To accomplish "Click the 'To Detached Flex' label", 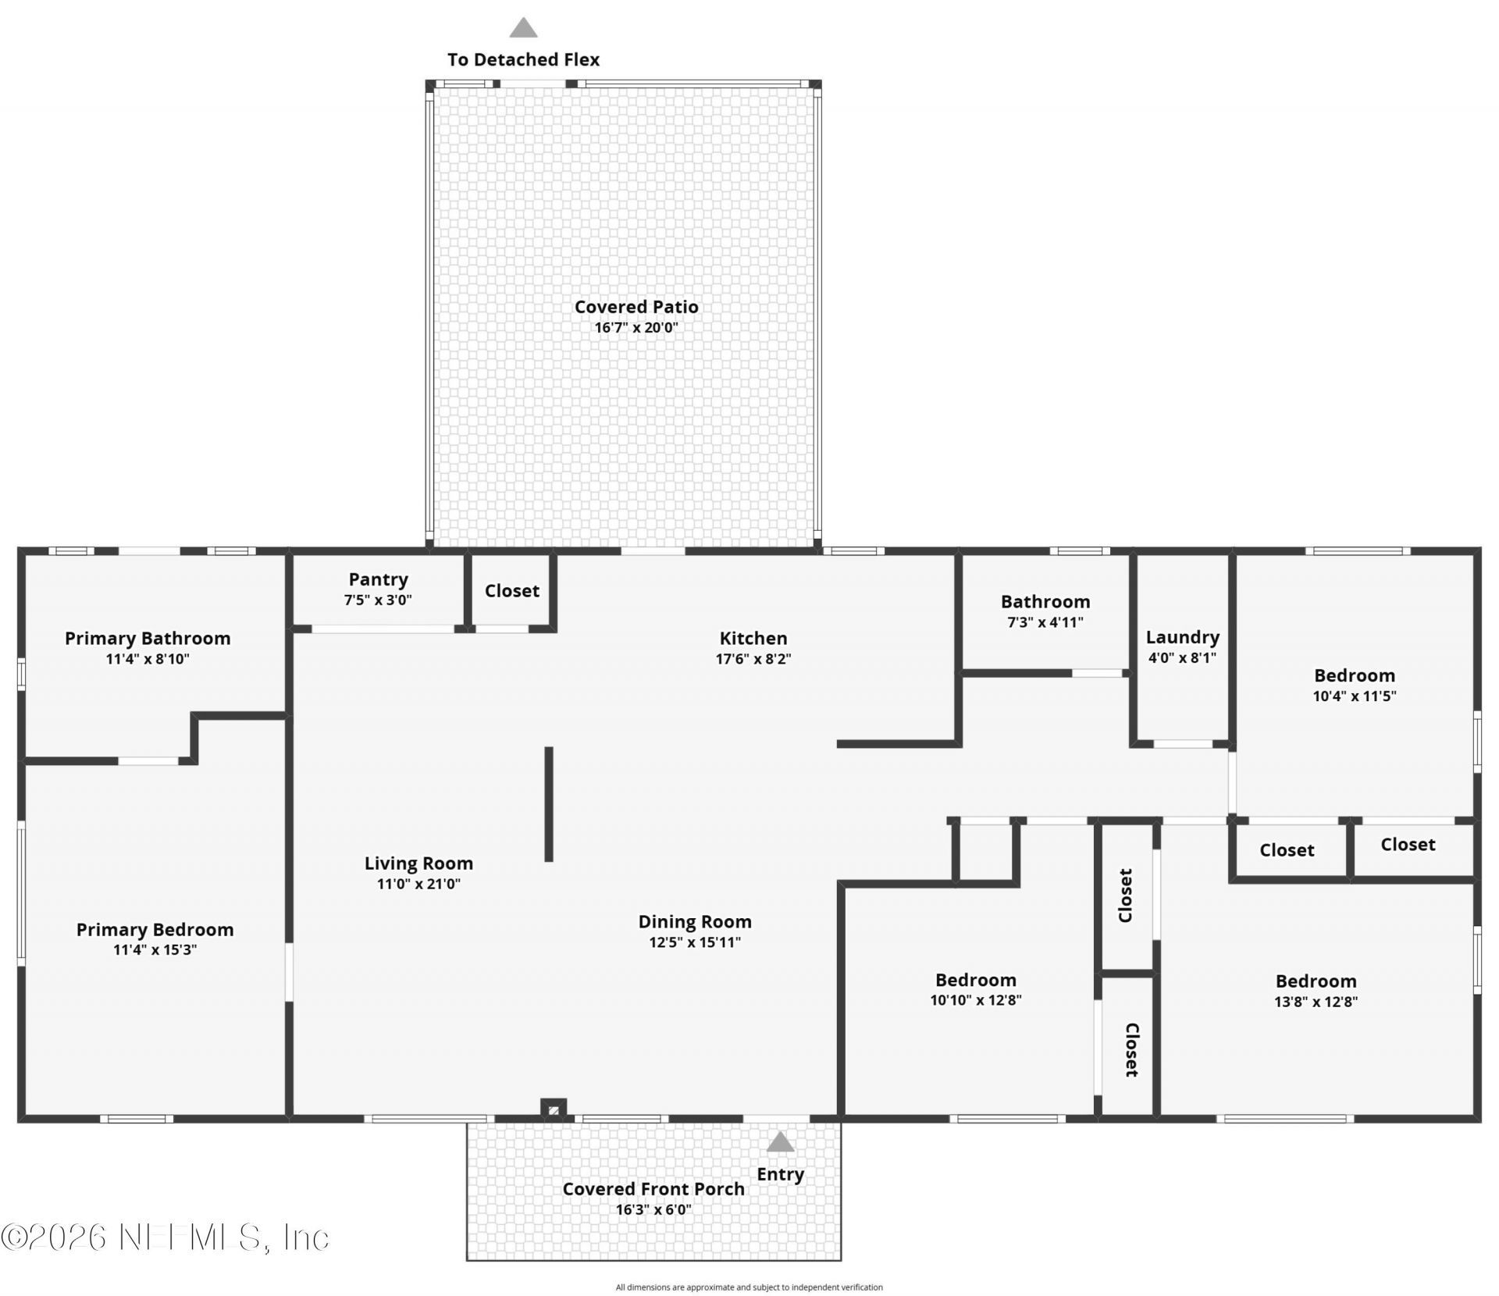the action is pos(523,59).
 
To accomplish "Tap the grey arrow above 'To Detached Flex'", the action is pos(523,28).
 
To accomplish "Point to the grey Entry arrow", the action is pos(780,1142).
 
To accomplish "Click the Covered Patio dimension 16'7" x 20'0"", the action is pos(636,327).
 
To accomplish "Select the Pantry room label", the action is pos(378,579).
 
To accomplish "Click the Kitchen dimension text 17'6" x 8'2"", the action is pos(753,658).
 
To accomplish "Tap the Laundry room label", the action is pos(1182,637).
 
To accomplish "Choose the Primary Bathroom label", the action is pos(148,638).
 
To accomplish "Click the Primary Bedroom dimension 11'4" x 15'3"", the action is pos(155,949).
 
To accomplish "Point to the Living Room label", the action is pos(418,863).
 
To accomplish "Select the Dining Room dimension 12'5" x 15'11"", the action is pos(695,942).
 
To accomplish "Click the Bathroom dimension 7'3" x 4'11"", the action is pos(1045,622).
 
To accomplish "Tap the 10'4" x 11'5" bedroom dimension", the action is pos(1355,696).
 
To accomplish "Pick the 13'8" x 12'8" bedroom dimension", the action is pos(1316,1001).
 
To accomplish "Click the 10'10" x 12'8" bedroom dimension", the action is pos(976,999).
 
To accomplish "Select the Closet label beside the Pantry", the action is pos(512,590).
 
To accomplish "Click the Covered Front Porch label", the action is pos(653,1188).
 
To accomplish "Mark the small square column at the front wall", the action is pos(554,1109).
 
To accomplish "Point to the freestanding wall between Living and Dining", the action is pos(549,804).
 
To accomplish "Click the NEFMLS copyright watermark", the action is pos(165,1237).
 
